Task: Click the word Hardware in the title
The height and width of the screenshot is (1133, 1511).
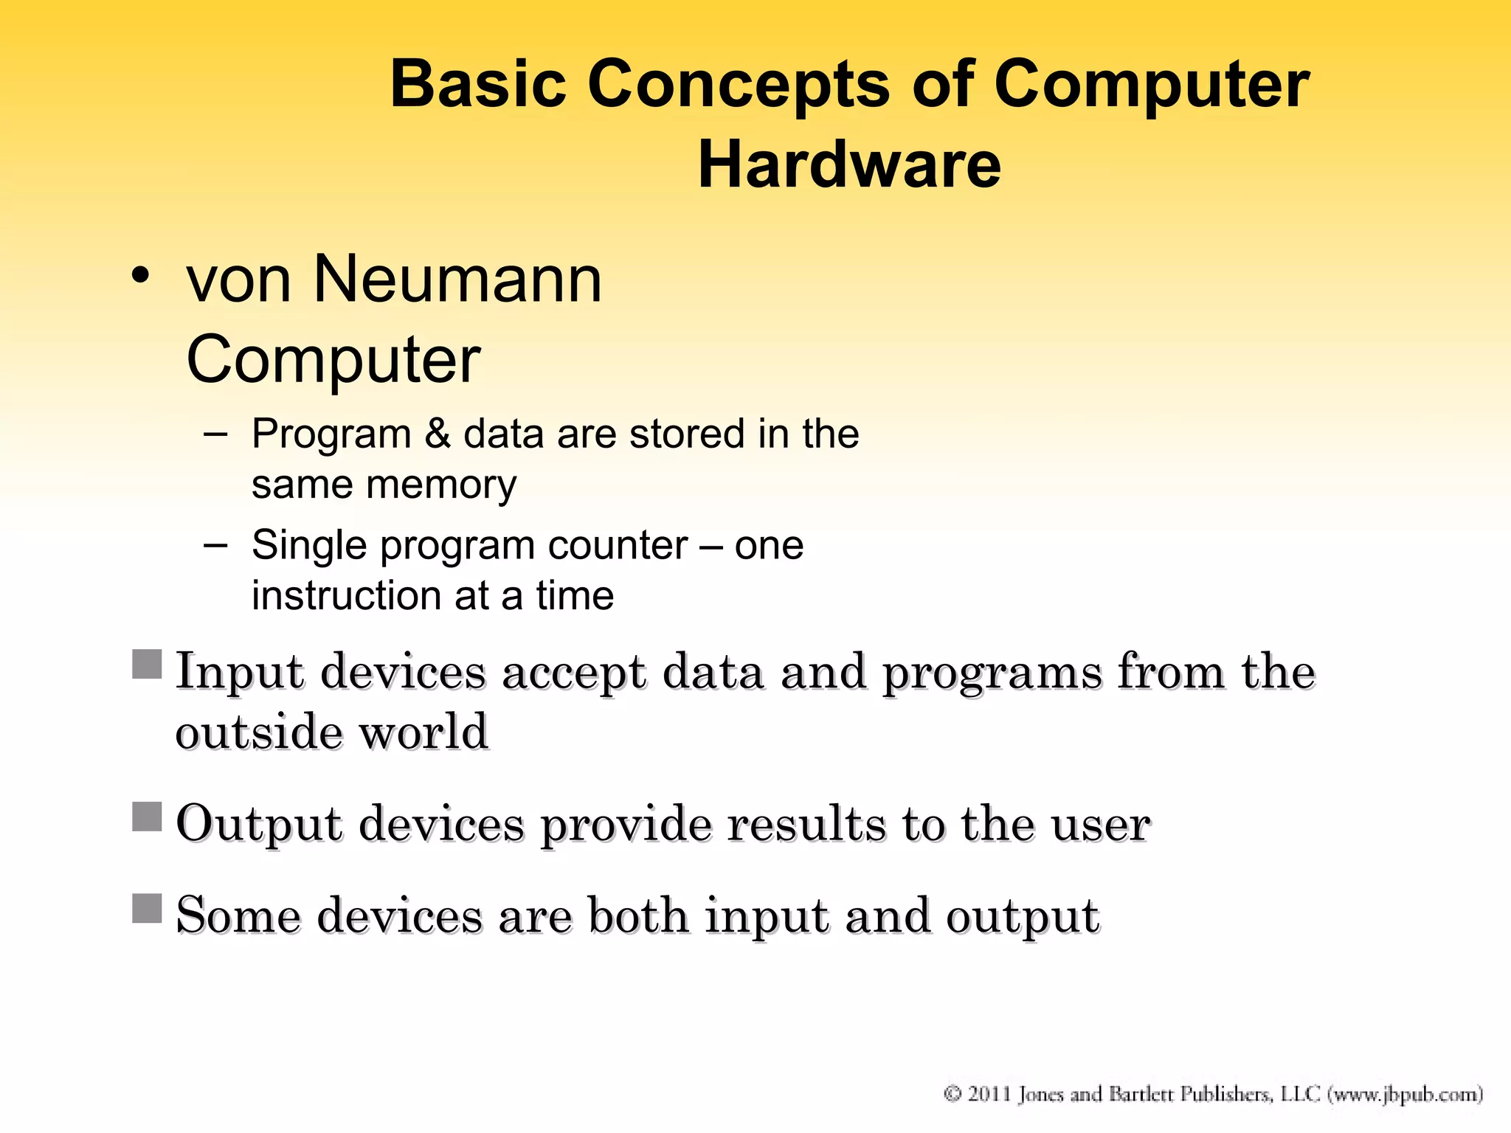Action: click(x=849, y=164)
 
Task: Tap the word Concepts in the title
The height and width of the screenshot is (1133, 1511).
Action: click(x=739, y=85)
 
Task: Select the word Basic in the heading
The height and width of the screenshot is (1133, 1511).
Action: click(x=477, y=83)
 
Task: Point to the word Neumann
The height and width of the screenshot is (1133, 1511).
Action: click(x=457, y=280)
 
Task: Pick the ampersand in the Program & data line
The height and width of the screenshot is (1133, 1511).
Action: click(x=438, y=433)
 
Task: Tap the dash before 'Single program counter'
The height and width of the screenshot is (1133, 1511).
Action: click(x=215, y=545)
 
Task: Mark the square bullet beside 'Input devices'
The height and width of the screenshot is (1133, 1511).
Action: click(x=147, y=664)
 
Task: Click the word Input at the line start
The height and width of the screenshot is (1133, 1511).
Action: click(x=239, y=672)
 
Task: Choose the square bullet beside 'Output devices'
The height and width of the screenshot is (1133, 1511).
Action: click(x=147, y=817)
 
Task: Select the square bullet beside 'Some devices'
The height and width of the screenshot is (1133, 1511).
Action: click(x=147, y=908)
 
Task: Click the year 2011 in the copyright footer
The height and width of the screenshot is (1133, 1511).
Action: click(x=989, y=1093)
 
